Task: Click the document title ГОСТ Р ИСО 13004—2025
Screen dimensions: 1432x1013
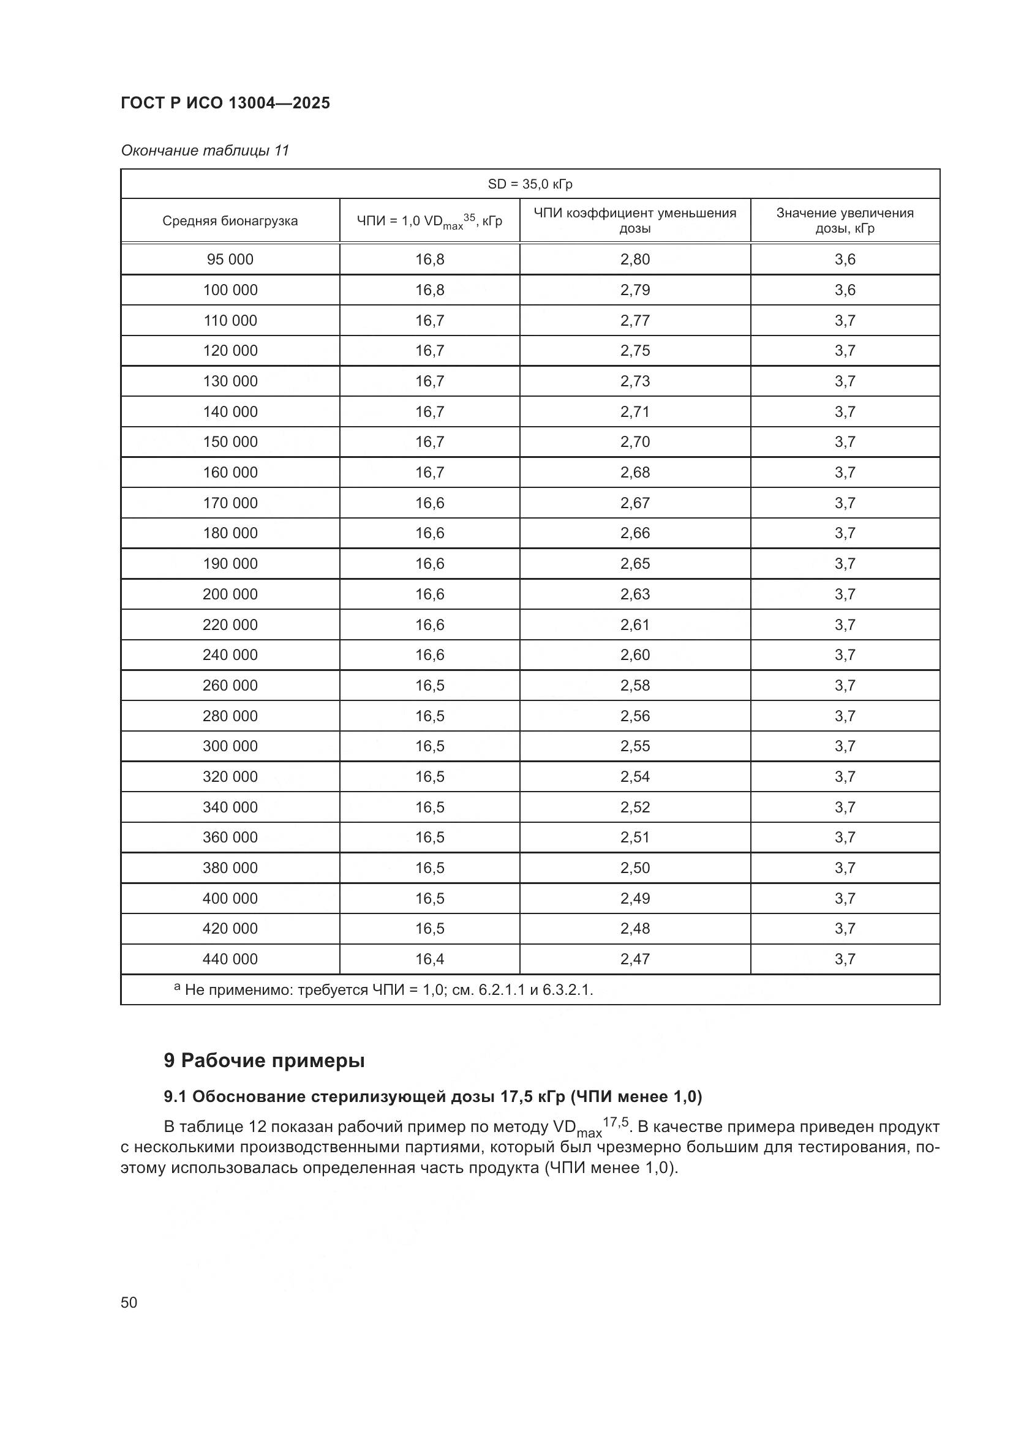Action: click(x=225, y=103)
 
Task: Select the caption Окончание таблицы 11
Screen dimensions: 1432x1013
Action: click(x=205, y=151)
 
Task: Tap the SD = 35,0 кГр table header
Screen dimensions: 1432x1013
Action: click(x=530, y=184)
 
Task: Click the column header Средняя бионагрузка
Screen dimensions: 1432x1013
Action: click(x=230, y=221)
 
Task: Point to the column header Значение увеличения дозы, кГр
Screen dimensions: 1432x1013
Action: click(x=845, y=221)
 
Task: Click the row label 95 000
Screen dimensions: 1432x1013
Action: click(x=230, y=260)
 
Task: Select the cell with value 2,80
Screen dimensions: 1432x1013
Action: click(x=635, y=260)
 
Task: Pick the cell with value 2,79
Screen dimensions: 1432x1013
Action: click(x=635, y=290)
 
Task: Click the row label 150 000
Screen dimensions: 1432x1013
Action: click(x=230, y=441)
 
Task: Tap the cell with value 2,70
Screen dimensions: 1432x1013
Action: click(x=635, y=441)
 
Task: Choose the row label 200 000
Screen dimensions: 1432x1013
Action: click(x=230, y=594)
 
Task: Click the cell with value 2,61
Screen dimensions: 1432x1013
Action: click(x=635, y=624)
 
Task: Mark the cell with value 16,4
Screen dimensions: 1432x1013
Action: click(x=430, y=959)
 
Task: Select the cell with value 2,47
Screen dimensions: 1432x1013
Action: click(x=635, y=959)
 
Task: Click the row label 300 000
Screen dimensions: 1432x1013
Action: click(x=230, y=746)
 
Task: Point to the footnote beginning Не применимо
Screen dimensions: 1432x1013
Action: click(x=386, y=990)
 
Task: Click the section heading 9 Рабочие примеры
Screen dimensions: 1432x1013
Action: click(x=265, y=1061)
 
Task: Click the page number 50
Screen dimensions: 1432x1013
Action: click(x=129, y=1303)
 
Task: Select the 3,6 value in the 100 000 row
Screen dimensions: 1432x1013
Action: click(x=845, y=290)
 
